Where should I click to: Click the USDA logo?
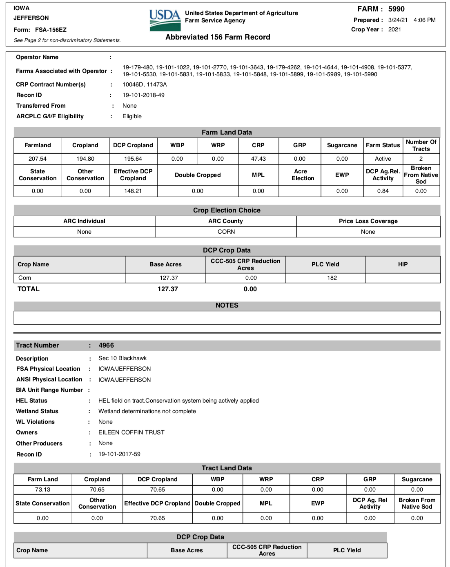click(165, 20)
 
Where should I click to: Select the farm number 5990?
click(396, 9)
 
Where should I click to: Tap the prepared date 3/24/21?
click(398, 20)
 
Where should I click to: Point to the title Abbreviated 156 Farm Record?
click(218, 37)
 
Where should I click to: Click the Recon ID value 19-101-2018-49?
click(143, 95)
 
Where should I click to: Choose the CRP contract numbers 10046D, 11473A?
click(145, 84)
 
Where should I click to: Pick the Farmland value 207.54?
click(38, 159)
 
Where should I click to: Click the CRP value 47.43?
click(258, 159)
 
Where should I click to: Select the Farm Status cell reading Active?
click(383, 159)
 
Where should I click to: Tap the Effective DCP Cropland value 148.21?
click(133, 191)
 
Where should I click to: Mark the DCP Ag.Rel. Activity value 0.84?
click(383, 191)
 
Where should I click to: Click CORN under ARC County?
click(226, 232)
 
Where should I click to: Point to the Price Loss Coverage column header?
click(368, 221)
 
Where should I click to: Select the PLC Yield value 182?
click(332, 278)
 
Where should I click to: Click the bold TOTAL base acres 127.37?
click(168, 289)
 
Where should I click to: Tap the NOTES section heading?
click(227, 305)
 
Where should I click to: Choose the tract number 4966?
click(106, 345)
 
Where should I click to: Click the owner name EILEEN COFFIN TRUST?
click(131, 432)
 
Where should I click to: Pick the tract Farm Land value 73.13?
click(42, 489)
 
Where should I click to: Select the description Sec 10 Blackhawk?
click(122, 358)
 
